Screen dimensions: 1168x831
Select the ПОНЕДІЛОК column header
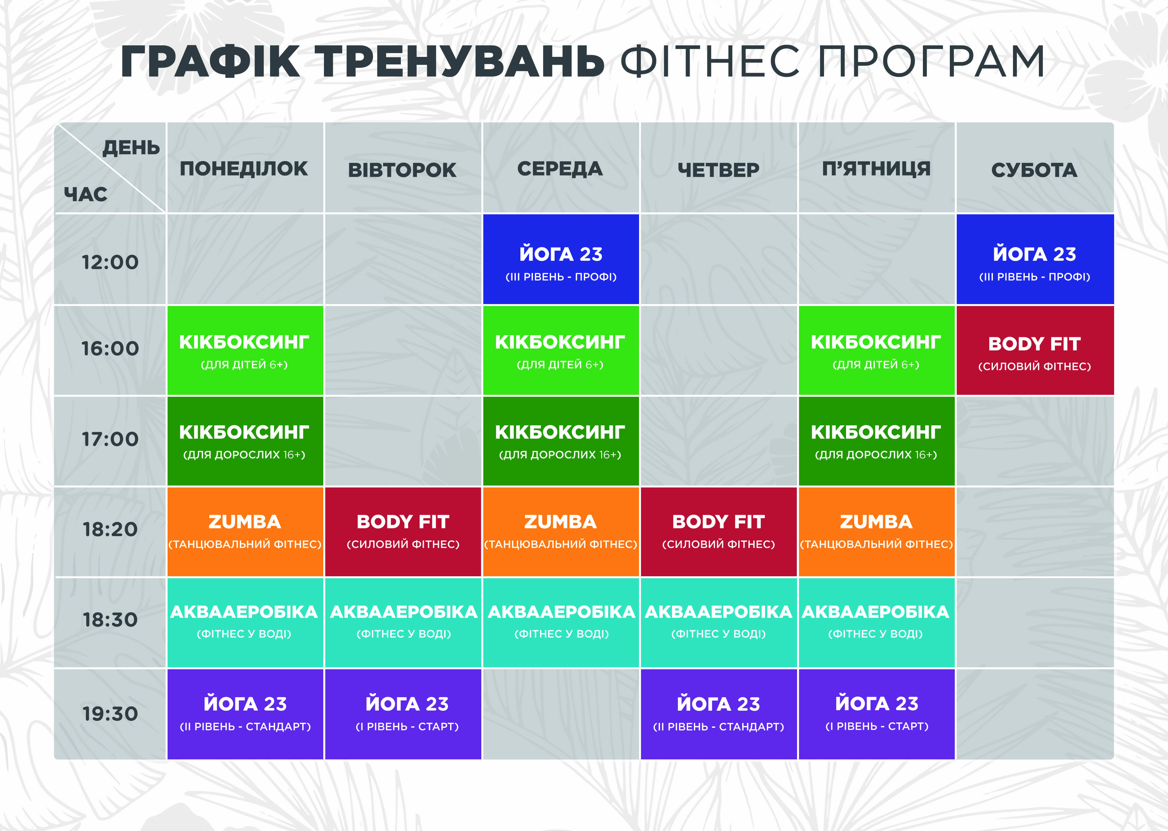click(244, 168)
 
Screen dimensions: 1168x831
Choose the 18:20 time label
click(110, 530)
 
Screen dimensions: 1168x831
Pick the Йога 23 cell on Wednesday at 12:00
click(561, 259)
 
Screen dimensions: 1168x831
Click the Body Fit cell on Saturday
click(1035, 350)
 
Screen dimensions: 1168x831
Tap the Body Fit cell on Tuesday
click(403, 532)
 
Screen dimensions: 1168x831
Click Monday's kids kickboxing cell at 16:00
click(245, 350)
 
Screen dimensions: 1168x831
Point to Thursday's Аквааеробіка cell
click(719, 623)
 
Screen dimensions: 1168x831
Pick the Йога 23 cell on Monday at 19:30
click(245, 714)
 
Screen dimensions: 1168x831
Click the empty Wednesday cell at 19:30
click(561, 714)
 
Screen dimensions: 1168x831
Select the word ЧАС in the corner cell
click(85, 195)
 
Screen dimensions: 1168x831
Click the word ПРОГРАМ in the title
click(931, 61)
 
